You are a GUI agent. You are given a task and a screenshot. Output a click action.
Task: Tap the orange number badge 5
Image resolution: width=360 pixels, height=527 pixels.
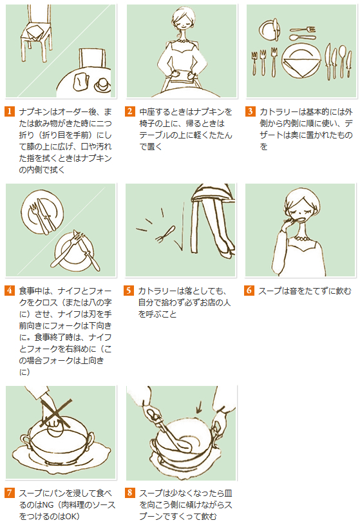[x=129, y=290]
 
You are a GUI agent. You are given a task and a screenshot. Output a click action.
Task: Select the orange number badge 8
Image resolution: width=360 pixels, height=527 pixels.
[x=130, y=493]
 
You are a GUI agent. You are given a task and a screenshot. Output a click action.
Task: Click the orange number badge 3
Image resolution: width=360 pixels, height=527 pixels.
[x=250, y=111]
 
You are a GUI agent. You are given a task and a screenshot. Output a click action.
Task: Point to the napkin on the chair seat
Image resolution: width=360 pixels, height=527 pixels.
[x=35, y=32]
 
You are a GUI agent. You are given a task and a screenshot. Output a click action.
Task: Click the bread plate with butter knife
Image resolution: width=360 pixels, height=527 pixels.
[x=269, y=30]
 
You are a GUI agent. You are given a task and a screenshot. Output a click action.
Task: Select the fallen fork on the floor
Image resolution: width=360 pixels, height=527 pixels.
[x=166, y=235]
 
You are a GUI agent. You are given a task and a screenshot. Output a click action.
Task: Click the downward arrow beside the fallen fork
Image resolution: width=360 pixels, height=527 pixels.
[x=182, y=227]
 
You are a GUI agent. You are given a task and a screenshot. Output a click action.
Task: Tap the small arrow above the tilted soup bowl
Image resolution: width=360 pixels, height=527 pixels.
[x=199, y=407]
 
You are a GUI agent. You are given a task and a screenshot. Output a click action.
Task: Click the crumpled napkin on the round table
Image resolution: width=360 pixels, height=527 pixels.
[x=81, y=82]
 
